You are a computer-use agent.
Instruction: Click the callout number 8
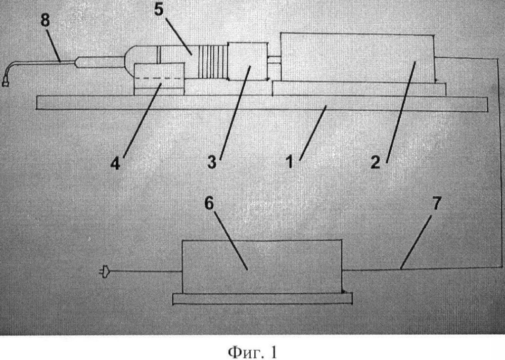(45, 21)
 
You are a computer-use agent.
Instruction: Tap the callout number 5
(159, 9)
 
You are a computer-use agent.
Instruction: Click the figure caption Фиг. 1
(252, 352)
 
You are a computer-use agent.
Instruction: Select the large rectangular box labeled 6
(262, 266)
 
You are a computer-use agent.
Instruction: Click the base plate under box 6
(262, 298)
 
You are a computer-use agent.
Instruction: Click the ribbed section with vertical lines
(213, 62)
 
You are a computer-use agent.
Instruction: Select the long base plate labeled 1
(262, 103)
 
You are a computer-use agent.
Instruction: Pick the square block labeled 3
(247, 61)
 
